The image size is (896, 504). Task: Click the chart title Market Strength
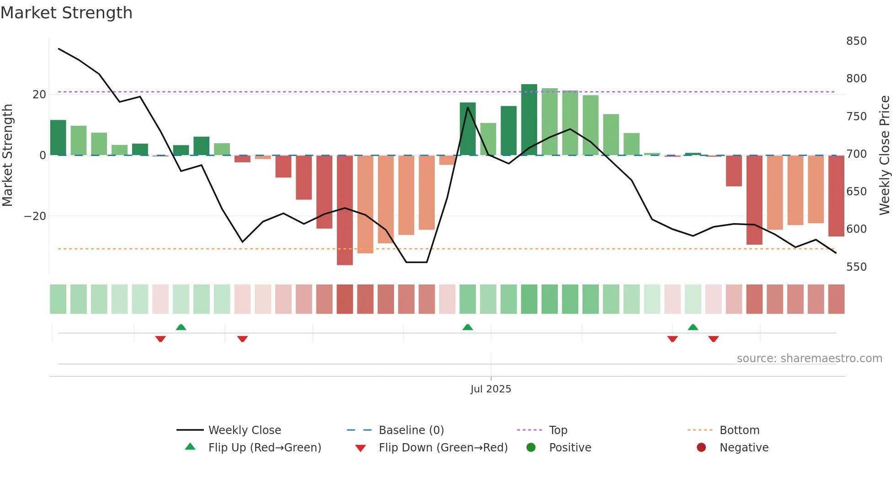coord(66,13)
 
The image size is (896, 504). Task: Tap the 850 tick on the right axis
coord(856,41)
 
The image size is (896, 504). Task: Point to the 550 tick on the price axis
coord(856,267)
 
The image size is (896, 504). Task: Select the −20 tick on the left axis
coord(35,216)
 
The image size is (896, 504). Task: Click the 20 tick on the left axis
coord(39,95)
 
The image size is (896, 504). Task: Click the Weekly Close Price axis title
coord(885,155)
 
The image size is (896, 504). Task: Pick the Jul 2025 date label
coord(491,389)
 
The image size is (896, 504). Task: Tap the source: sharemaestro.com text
coord(809,359)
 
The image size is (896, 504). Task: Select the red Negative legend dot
coord(701,448)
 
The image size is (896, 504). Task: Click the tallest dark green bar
coord(529,120)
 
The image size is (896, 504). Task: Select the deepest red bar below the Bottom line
coord(345,210)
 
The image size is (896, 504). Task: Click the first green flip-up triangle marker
coord(181,327)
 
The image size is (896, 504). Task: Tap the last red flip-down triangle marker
coord(713,339)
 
